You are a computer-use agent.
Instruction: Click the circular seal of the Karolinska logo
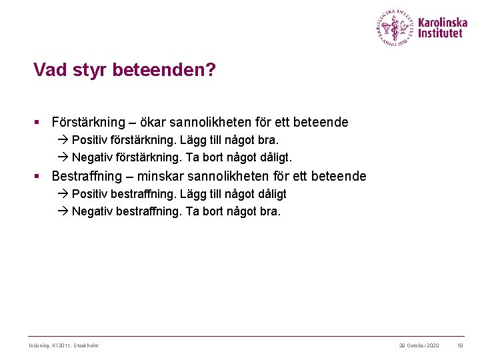click(395, 27)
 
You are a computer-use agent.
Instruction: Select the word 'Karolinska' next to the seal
click(443, 22)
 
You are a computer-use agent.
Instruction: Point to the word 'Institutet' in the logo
click(440, 33)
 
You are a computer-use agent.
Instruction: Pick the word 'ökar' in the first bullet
click(154, 123)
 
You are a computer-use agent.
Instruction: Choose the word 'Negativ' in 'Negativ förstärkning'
click(93, 158)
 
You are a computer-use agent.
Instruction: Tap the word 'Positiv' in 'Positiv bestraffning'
click(91, 194)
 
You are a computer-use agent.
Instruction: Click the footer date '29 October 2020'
click(419, 345)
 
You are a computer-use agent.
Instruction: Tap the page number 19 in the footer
click(460, 345)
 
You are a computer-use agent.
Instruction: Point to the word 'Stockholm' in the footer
click(86, 345)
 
